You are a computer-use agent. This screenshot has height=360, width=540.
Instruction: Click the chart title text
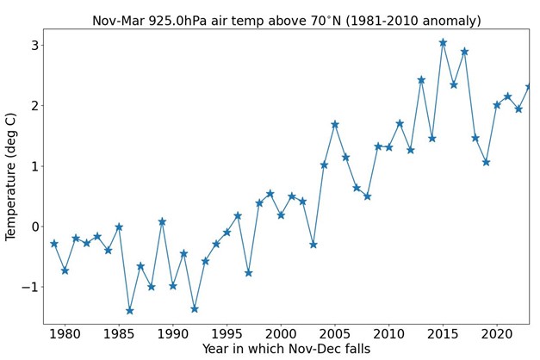(286, 21)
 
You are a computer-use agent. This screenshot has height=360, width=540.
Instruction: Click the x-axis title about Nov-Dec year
(286, 349)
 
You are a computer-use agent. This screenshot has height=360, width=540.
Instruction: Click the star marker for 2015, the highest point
(443, 42)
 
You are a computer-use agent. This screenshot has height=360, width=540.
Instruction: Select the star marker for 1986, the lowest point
(130, 311)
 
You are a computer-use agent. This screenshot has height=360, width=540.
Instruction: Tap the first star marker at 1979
(54, 244)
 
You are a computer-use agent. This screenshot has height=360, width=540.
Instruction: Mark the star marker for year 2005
(335, 125)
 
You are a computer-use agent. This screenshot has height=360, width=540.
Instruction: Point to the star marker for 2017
(464, 52)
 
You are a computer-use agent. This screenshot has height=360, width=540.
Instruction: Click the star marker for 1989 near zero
(162, 222)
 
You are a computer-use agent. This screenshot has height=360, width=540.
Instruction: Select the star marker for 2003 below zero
(313, 245)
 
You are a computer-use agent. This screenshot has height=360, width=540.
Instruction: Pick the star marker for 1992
(195, 309)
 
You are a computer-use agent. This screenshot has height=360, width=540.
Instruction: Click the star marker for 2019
(486, 162)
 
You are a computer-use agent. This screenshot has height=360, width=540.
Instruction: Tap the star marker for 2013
(421, 80)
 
